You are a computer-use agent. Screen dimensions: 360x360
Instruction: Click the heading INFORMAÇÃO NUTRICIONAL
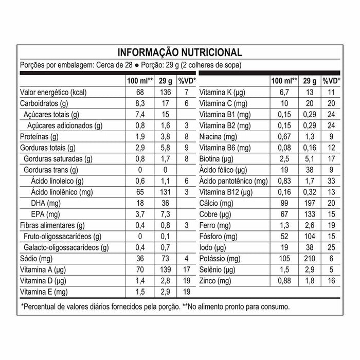pyautogui.click(x=179, y=52)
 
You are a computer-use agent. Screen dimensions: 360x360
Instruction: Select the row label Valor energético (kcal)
pyautogui.click(x=52, y=92)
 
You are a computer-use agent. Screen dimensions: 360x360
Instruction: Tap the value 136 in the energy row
pyautogui.click(x=165, y=92)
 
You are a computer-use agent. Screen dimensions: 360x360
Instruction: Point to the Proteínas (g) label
pyautogui.click(x=39, y=136)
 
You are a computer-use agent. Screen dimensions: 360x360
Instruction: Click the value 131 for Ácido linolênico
pyautogui.click(x=165, y=192)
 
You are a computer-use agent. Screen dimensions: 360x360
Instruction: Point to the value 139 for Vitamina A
pyautogui.click(x=165, y=269)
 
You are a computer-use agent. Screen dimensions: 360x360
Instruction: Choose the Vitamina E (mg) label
pyautogui.click(x=44, y=292)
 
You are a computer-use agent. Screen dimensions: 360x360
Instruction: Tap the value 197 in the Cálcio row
pyautogui.click(x=310, y=203)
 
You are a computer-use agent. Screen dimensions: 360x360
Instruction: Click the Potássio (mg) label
pyautogui.click(x=220, y=258)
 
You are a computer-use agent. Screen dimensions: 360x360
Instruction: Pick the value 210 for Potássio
pyautogui.click(x=310, y=258)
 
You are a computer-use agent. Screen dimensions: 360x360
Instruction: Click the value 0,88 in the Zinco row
pyautogui.click(x=284, y=280)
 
